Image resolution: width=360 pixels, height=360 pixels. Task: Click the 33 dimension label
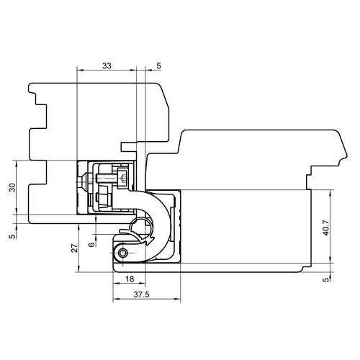(x=107, y=66)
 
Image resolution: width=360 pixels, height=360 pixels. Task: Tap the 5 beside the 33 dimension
(x=158, y=66)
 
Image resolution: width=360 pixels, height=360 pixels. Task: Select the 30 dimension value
(x=12, y=187)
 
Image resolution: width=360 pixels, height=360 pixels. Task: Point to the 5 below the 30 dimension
(x=12, y=236)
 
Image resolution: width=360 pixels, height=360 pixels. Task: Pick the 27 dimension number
(x=75, y=248)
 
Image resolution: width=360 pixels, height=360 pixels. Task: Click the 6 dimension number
(x=91, y=245)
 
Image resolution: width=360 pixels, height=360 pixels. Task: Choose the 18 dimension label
(x=130, y=279)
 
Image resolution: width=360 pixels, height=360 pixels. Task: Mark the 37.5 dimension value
(x=141, y=294)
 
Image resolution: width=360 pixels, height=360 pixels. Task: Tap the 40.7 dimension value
(x=325, y=228)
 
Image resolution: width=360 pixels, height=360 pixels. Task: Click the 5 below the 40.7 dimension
(x=325, y=279)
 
